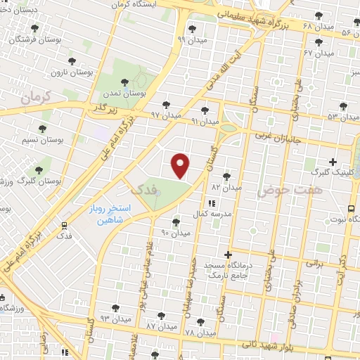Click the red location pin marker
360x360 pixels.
[x=181, y=165]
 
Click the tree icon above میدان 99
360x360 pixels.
[x=191, y=29]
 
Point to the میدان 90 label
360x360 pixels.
[x=176, y=232]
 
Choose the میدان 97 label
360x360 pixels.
[x=165, y=114]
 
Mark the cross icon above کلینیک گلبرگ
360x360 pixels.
[x=333, y=162]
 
